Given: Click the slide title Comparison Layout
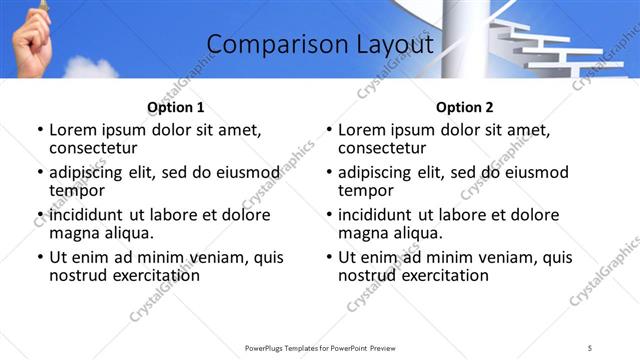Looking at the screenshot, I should tap(320, 45).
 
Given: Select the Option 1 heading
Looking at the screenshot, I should tap(175, 107).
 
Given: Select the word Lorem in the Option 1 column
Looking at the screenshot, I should tap(72, 130).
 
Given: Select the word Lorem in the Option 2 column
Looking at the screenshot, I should tap(361, 130).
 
